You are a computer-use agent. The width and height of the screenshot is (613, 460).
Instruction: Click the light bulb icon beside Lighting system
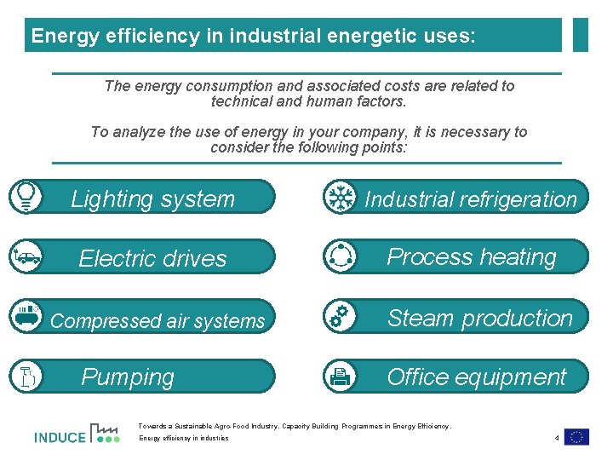(x=26, y=196)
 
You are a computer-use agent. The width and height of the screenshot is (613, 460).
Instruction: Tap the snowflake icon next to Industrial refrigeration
(x=341, y=197)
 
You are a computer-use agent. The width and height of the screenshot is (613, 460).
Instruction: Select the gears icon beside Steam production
(x=340, y=316)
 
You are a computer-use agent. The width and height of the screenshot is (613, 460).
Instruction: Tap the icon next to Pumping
(x=26, y=376)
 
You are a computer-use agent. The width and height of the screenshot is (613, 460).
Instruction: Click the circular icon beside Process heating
(x=341, y=256)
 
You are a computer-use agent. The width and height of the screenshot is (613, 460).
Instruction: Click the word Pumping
(x=128, y=377)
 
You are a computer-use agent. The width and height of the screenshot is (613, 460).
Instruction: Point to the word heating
(x=516, y=257)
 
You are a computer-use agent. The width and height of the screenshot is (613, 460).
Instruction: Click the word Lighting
(x=111, y=199)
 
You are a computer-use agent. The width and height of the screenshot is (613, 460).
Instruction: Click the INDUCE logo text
(x=60, y=438)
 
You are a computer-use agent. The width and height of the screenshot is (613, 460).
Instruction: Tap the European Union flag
(x=576, y=437)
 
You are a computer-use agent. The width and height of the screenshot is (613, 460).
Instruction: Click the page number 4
(x=556, y=438)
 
